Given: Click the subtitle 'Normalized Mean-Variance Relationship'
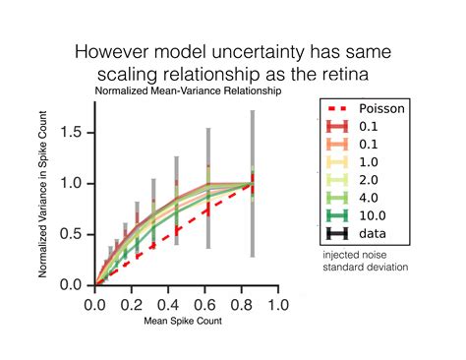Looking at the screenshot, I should point(188,90).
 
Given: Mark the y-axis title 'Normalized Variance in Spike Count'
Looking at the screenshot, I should point(45,197).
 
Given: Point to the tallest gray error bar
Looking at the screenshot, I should point(252,183).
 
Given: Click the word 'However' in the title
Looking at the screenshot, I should point(116,49).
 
